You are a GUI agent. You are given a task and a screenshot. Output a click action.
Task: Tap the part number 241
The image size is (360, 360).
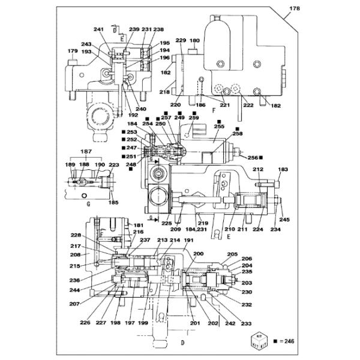point(98,29)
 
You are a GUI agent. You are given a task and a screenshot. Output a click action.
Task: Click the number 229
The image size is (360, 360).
point(179,40)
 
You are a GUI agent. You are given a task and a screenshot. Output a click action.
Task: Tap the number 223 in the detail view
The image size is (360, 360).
point(113,164)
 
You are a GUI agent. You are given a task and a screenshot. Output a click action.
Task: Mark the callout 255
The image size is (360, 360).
point(219,127)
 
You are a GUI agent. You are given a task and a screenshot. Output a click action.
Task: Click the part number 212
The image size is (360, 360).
point(257,170)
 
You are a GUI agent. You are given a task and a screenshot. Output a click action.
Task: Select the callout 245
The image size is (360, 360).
point(284,220)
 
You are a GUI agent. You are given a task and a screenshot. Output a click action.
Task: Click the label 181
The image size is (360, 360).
point(139,226)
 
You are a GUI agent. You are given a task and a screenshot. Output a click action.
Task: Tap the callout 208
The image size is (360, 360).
point(74,255)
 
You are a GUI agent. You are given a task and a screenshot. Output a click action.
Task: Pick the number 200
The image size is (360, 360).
point(198,254)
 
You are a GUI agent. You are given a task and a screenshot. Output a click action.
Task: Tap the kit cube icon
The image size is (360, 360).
point(258,342)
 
